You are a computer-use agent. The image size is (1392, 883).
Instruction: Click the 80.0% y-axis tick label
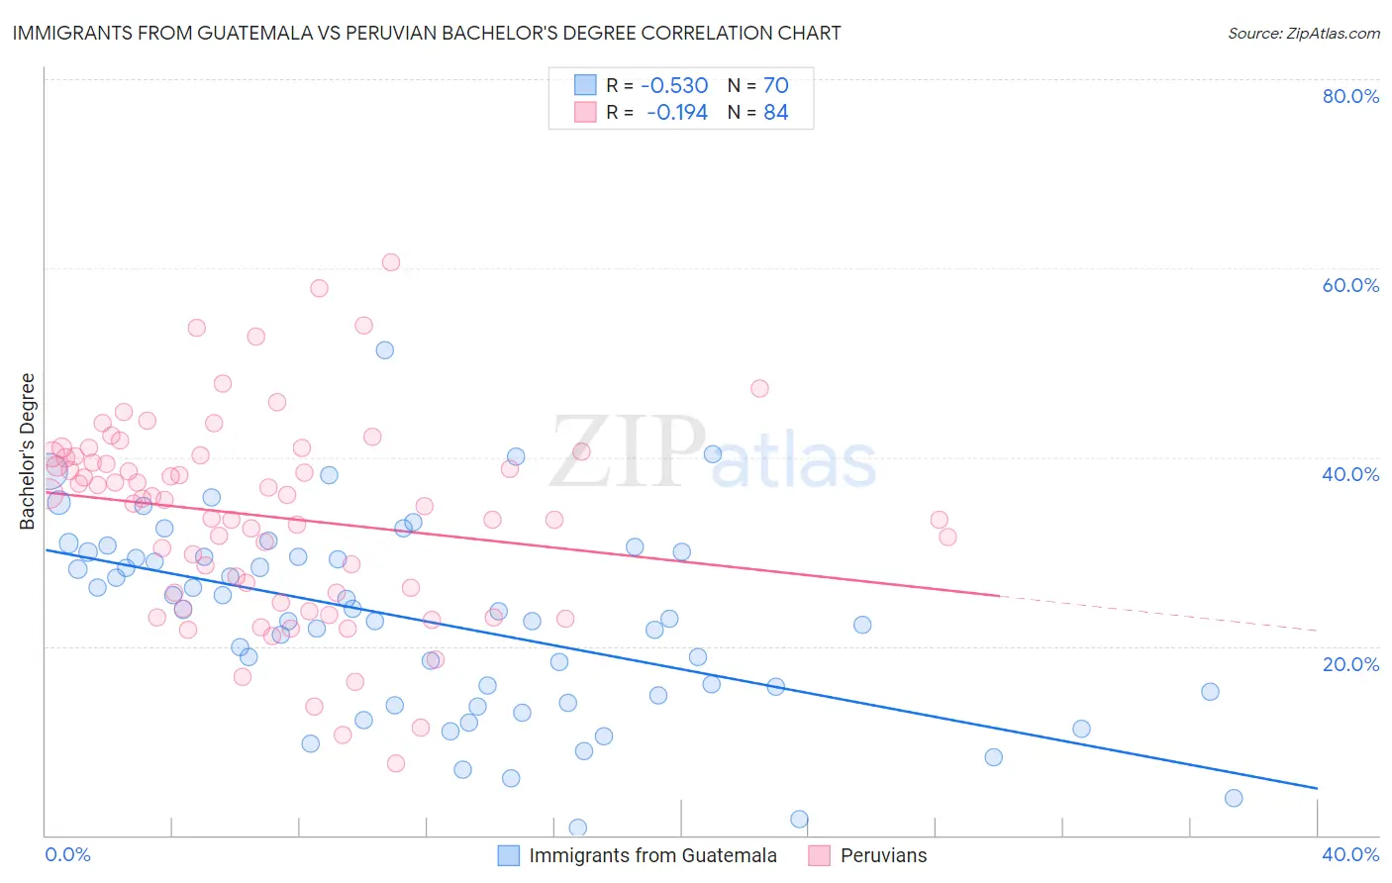(1350, 96)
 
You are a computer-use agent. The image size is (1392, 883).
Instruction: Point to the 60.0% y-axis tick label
(1350, 285)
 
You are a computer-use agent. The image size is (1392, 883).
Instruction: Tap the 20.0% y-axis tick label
(1350, 663)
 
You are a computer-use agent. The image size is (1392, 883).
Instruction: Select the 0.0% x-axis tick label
(68, 855)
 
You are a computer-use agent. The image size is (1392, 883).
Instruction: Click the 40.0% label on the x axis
(1350, 855)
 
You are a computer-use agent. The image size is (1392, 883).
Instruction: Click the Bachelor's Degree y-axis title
(28, 450)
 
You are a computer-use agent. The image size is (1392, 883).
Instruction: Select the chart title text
(427, 33)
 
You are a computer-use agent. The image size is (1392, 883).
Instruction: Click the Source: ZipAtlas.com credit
(1303, 33)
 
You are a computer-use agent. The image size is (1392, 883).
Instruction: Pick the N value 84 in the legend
(775, 113)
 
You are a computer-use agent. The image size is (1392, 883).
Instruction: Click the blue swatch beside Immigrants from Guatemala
(509, 855)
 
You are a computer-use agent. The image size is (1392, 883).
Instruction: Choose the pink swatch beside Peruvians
(819, 855)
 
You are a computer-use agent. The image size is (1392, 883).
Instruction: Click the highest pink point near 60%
(391, 262)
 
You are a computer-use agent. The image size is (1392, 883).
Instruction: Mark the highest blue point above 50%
(385, 350)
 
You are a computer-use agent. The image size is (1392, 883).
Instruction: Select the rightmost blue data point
(1234, 798)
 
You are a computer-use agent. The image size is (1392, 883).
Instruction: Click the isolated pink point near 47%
(759, 388)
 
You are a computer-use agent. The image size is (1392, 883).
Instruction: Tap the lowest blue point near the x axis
(578, 828)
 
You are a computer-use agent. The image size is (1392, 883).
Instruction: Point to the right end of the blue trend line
(1317, 788)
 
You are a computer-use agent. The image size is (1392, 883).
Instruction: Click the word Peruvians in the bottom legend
(883, 855)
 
